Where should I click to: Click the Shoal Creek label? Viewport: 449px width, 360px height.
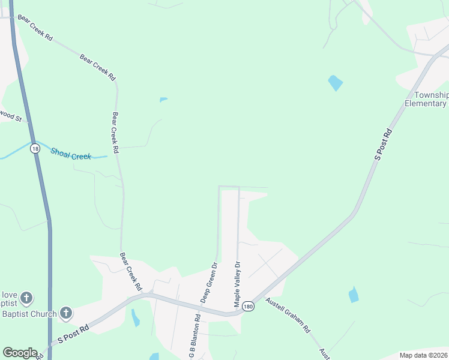point(71,154)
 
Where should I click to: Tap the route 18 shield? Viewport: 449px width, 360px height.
point(36,148)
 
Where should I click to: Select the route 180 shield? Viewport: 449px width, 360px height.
point(249,307)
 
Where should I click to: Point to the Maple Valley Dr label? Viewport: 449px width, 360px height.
point(237,284)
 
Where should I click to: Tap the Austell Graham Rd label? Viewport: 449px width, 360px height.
point(288,316)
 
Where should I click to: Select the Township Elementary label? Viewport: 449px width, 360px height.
point(427,99)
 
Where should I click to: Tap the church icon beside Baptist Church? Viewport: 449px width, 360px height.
point(66,313)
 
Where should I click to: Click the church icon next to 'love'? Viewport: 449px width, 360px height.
point(26,297)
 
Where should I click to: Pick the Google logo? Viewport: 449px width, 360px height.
point(20,353)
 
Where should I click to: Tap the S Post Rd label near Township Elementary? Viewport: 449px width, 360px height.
point(383,144)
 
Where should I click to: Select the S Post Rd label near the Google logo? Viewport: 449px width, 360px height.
point(73,334)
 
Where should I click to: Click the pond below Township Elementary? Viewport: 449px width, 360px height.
point(335,83)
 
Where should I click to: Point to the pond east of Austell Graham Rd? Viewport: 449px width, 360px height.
point(354,295)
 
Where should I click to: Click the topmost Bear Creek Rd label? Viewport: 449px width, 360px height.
point(35,28)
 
